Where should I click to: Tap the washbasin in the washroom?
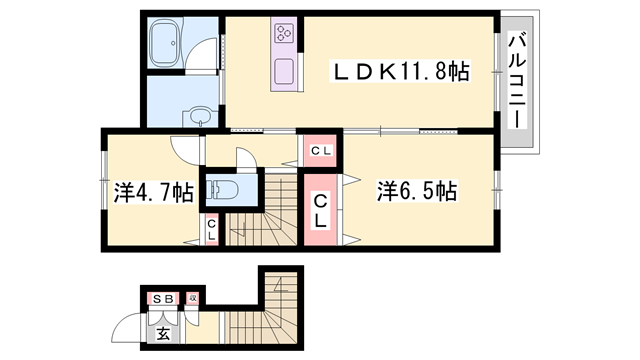[x=199, y=113]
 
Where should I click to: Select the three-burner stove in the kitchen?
[x=282, y=34]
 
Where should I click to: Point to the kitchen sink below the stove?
[x=283, y=73]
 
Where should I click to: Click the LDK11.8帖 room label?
[x=401, y=72]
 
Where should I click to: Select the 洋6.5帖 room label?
[x=417, y=190]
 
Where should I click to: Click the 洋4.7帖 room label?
[x=153, y=193]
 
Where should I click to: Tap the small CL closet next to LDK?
[x=320, y=151]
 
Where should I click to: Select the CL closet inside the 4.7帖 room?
[x=213, y=230]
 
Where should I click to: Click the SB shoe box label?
[x=163, y=298]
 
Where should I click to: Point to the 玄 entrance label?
[x=163, y=334]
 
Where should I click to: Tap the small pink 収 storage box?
[x=193, y=298]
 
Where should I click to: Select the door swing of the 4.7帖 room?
[x=185, y=148]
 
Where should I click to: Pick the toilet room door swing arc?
[x=245, y=160]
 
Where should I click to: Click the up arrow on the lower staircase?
[x=283, y=290]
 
